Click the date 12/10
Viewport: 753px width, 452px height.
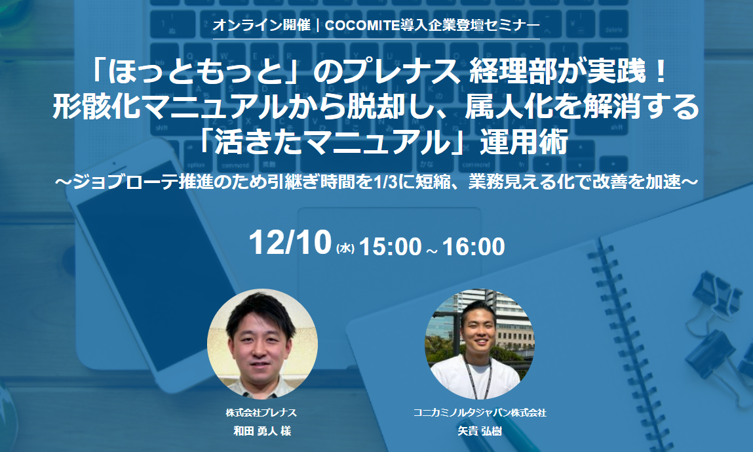click(x=290, y=244)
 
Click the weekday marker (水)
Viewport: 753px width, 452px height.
click(x=345, y=249)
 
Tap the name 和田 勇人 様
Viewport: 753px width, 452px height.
click(x=262, y=431)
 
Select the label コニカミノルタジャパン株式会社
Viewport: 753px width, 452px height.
click(x=480, y=413)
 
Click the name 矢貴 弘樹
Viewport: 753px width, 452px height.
click(x=480, y=431)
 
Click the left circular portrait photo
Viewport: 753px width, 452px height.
click(x=262, y=344)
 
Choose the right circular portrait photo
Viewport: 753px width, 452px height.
click(x=480, y=344)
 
